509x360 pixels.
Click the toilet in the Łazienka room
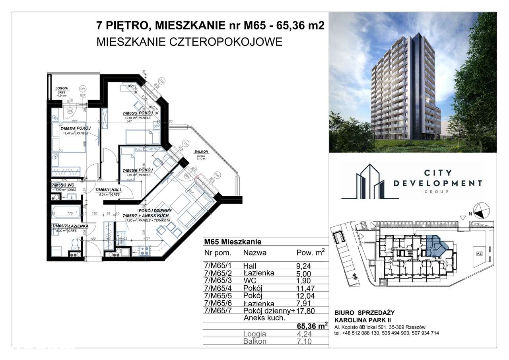pyautogui.click(x=74, y=243)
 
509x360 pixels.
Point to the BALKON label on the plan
pyautogui.click(x=201, y=152)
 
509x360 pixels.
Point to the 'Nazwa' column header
pyautogui.click(x=254, y=252)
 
